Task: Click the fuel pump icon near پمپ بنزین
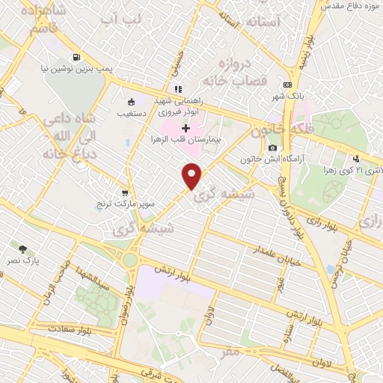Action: pyautogui.click(x=76, y=57)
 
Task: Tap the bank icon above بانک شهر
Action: pyautogui.click(x=288, y=85)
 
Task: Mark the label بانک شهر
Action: pyautogui.click(x=288, y=95)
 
